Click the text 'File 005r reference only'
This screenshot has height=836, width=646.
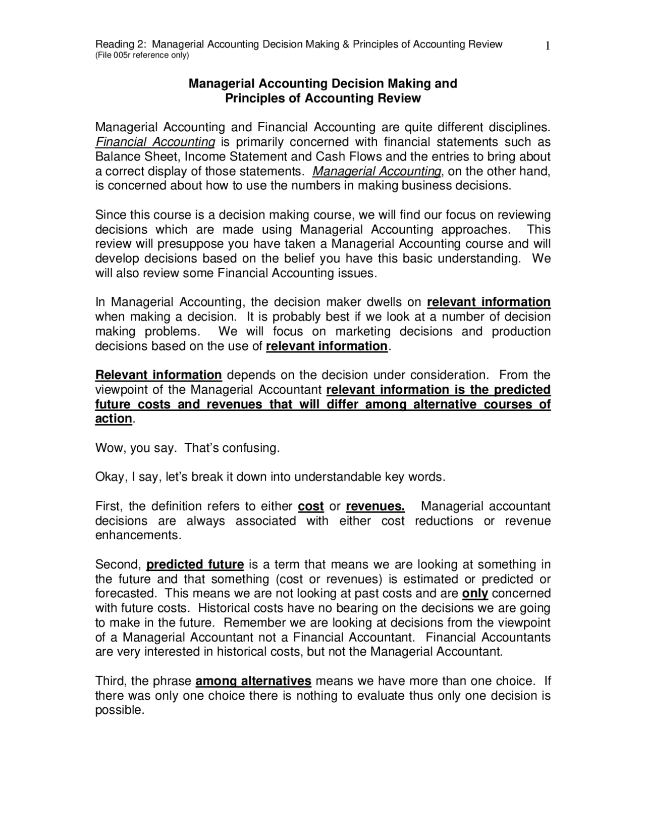(x=142, y=55)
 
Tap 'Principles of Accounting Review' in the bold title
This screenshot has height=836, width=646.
(x=322, y=98)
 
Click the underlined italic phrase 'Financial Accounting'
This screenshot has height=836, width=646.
(x=155, y=142)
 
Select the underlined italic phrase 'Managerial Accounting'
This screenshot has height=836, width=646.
(x=376, y=172)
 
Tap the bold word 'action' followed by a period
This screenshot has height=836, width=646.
(x=114, y=419)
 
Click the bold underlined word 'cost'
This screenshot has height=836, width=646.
(x=311, y=506)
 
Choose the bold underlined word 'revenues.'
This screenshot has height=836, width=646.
(x=375, y=506)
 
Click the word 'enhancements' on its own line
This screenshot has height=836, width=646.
(x=137, y=536)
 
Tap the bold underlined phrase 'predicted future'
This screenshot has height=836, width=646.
(x=195, y=564)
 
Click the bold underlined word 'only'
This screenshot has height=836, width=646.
(x=474, y=594)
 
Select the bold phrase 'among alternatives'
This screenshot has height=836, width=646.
(x=253, y=682)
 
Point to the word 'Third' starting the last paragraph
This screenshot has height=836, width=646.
(x=109, y=682)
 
